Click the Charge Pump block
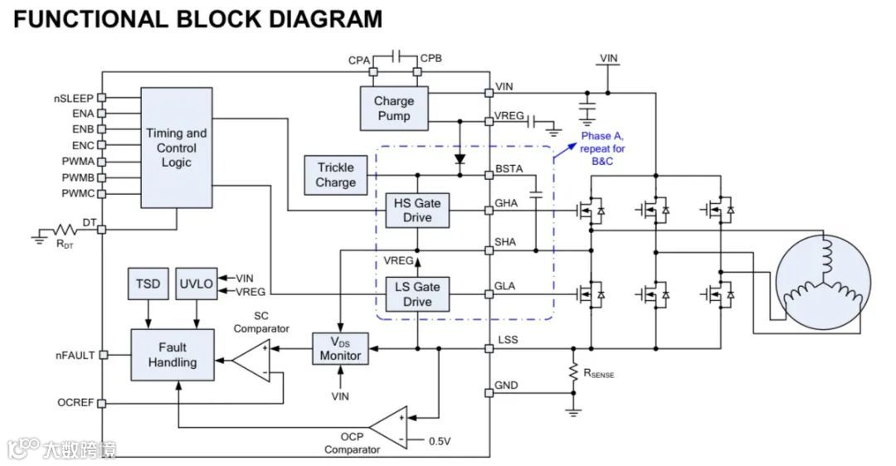click(393, 109)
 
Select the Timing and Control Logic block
click(176, 148)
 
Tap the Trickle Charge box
click(336, 175)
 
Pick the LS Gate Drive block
click(417, 294)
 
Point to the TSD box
click(148, 284)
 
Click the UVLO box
click(197, 284)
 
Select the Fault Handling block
click(173, 354)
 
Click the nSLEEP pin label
click(74, 98)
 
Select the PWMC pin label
click(77, 193)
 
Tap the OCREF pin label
click(76, 403)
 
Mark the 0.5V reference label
click(440, 441)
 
